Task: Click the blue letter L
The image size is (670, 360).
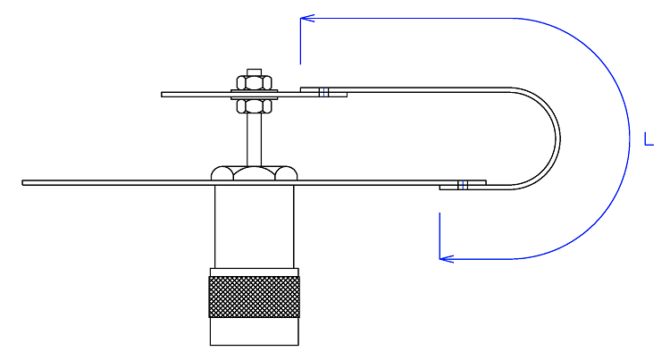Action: click(x=649, y=139)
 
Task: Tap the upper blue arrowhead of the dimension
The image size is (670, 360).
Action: click(x=306, y=18)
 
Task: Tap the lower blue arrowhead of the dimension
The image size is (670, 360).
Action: click(x=446, y=258)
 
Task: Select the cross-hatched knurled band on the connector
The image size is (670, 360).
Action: click(x=255, y=297)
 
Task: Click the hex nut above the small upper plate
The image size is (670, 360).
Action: click(x=255, y=82)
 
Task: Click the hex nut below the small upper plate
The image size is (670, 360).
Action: click(x=255, y=106)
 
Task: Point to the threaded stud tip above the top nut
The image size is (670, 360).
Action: click(x=255, y=71)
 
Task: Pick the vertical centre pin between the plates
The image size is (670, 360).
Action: click(x=255, y=139)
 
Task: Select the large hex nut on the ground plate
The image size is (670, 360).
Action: click(x=255, y=173)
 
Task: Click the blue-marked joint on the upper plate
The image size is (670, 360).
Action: click(x=324, y=92)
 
